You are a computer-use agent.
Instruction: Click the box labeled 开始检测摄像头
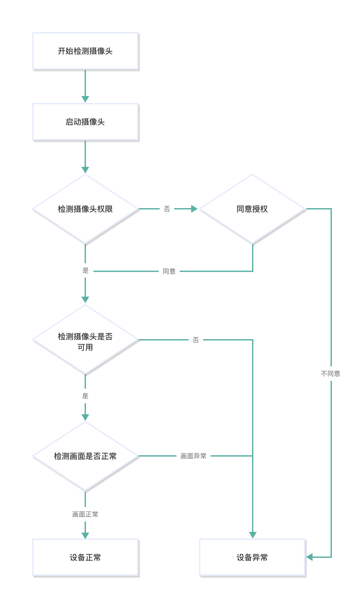click(x=85, y=51)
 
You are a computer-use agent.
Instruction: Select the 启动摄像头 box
click(x=85, y=122)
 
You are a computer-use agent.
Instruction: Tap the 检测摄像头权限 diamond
click(x=85, y=209)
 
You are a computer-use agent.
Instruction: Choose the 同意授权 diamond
click(x=252, y=209)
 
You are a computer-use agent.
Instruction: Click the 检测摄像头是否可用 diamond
click(x=85, y=340)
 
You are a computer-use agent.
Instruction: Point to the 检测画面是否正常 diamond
click(x=85, y=456)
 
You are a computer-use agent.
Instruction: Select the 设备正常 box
click(x=85, y=557)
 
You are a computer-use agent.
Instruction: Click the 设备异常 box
click(x=252, y=557)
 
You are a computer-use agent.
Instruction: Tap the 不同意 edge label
click(x=331, y=374)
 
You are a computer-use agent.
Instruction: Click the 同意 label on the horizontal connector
click(x=169, y=271)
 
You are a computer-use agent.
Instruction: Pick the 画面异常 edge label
click(x=193, y=456)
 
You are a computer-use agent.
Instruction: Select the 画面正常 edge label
click(x=85, y=514)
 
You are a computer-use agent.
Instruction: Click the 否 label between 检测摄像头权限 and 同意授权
click(x=167, y=209)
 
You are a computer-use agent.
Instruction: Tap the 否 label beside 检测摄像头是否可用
click(x=196, y=340)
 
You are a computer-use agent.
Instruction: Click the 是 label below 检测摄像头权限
click(x=86, y=271)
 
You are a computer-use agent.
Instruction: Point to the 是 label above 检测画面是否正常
click(x=85, y=396)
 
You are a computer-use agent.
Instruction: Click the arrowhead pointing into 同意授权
click(x=194, y=209)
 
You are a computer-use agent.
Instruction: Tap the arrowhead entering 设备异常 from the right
click(x=309, y=557)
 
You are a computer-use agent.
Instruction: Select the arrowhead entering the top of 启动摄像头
click(x=85, y=99)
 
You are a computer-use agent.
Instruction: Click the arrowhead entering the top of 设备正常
click(x=85, y=535)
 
